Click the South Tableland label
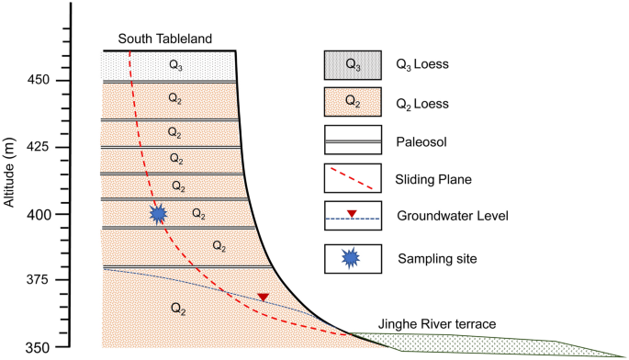coord(165,39)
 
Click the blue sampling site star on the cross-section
coord(158,214)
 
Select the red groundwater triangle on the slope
coord(264,298)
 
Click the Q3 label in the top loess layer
coord(176,64)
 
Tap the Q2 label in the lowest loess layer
coord(178,309)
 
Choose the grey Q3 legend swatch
coord(353,65)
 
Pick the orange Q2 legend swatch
coord(353,104)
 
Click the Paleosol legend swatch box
coord(353,141)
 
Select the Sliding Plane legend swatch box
coord(353,180)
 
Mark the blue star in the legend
coord(353,258)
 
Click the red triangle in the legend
coord(353,215)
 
